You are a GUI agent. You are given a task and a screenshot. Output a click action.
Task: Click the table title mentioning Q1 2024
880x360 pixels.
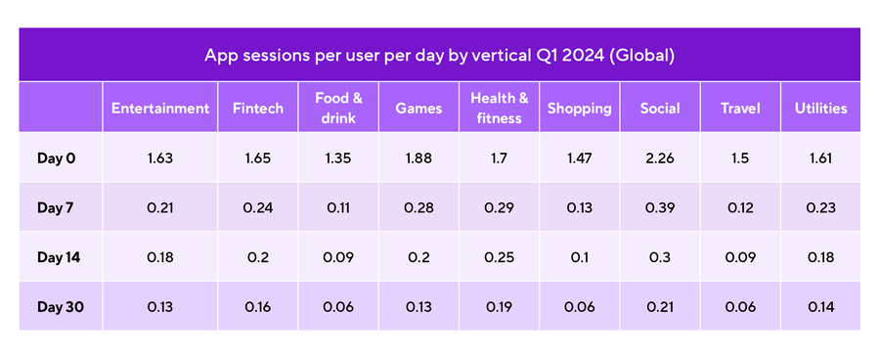(440, 55)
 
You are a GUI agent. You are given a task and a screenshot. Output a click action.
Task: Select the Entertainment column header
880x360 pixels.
(160, 109)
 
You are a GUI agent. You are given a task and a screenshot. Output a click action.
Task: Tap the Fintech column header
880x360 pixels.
(258, 109)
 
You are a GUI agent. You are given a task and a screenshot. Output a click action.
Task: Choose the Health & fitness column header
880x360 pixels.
(499, 109)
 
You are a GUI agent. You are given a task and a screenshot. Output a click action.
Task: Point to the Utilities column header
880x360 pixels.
(820, 109)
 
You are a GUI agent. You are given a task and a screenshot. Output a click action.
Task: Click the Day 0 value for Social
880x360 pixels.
(660, 157)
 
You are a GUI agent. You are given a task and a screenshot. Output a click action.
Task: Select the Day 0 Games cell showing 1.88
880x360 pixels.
(418, 157)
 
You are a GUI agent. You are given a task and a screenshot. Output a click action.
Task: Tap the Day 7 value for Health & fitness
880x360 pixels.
(499, 207)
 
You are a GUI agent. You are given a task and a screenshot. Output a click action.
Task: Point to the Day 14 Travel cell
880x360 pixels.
(739, 257)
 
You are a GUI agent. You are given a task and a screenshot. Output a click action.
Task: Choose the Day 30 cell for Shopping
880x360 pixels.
(579, 307)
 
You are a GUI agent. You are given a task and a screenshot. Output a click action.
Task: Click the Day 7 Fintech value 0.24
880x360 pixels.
(258, 207)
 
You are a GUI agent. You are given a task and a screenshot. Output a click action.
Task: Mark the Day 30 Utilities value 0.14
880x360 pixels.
(820, 307)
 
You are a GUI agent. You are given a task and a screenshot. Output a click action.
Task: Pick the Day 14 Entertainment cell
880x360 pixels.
(160, 257)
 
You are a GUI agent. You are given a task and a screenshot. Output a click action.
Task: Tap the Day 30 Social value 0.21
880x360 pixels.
(660, 307)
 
